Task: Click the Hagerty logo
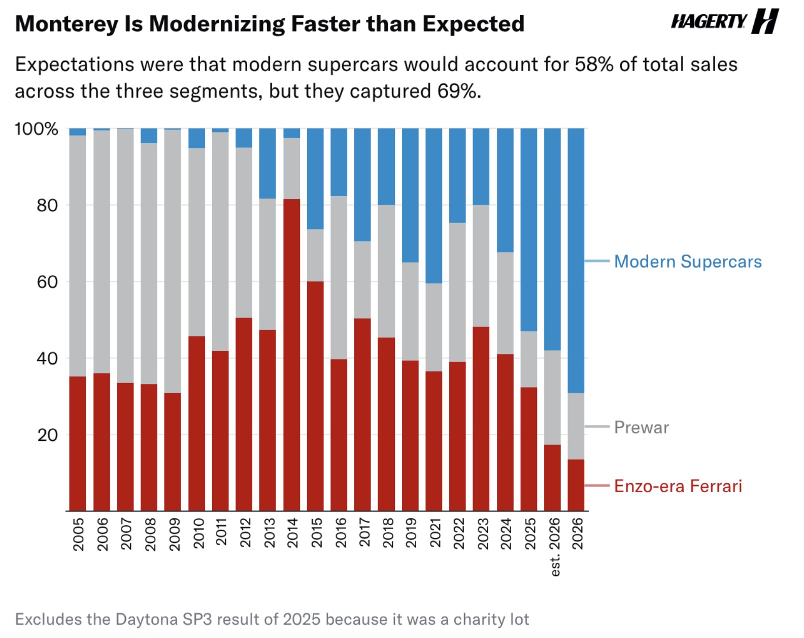point(724,21)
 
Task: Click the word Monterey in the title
point(66,24)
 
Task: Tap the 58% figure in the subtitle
point(594,65)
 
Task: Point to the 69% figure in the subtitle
point(459,91)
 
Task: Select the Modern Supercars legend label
point(688,262)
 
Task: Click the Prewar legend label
point(642,427)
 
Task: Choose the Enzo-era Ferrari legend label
point(678,486)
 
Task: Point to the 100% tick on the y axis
point(37,129)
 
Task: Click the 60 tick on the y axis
point(47,282)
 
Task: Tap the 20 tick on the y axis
point(47,435)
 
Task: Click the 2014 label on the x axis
point(292,533)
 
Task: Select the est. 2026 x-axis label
point(554,547)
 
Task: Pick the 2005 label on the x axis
point(78,534)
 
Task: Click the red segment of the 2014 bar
point(292,355)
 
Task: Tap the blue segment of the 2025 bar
point(529,230)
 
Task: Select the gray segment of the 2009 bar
point(173,262)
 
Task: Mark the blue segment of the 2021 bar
point(434,206)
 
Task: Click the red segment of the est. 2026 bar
point(553,477)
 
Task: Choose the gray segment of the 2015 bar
point(315,256)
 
